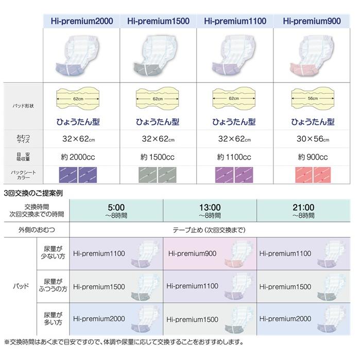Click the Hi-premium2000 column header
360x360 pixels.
[81, 21]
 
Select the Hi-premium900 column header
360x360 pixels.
[313, 21]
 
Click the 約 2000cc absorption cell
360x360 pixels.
[81, 157]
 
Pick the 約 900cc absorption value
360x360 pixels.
[313, 157]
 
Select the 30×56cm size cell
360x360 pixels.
[313, 139]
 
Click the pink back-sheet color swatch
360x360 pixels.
[313, 175]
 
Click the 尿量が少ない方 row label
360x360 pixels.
[52, 253]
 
